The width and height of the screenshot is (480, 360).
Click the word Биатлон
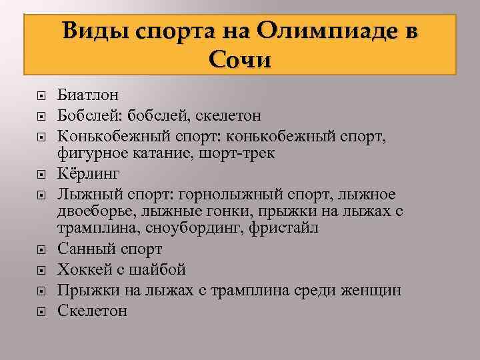88,95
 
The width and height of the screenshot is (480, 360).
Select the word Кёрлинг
89,174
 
